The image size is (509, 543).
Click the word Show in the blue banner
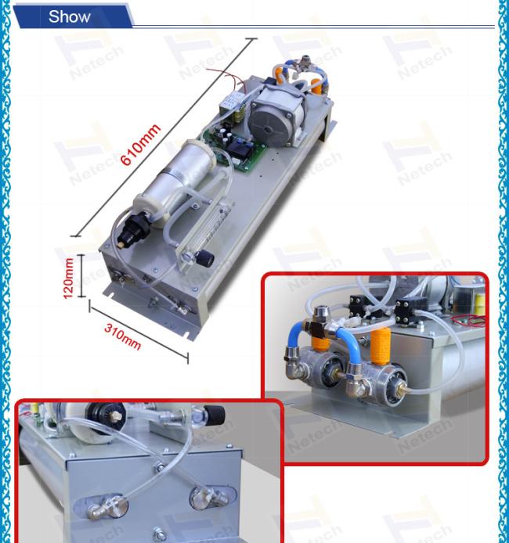pos(69,16)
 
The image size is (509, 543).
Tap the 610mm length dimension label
pos(140,144)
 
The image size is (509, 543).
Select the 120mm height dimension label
pos(68,278)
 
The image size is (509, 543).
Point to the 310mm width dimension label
pos(123,337)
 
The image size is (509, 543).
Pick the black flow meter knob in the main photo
pos(205,259)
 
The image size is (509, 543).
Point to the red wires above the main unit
pos(227,79)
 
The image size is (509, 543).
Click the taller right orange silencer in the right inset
pos(380,347)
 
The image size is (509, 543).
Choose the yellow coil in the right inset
pos(479,303)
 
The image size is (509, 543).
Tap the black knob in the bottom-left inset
pos(214,415)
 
